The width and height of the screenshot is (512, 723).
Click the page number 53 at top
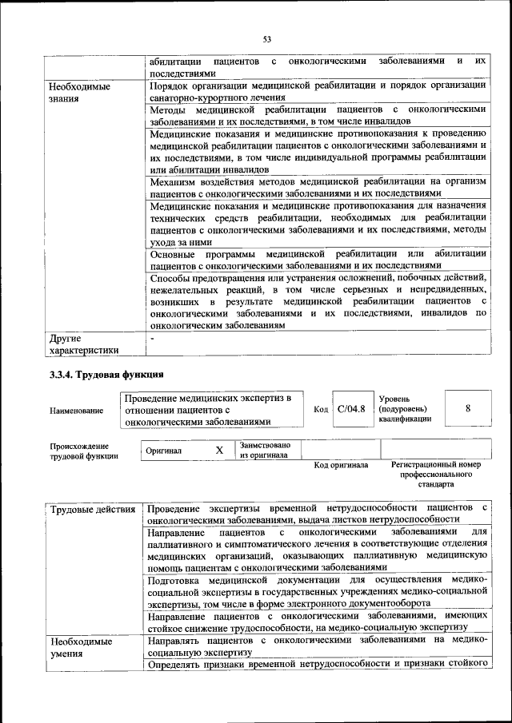point(267,37)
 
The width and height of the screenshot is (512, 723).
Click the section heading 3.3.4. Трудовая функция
point(106,374)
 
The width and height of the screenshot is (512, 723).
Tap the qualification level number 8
point(467,408)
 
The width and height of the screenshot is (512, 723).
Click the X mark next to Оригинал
point(219,451)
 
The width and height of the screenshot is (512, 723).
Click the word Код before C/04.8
point(321,410)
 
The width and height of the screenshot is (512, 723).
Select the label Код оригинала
point(341,465)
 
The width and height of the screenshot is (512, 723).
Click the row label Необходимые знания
point(80,93)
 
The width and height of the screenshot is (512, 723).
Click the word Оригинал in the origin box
point(164,451)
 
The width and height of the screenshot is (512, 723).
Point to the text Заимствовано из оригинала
point(265,450)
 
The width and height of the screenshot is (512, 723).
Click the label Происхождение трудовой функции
point(80,451)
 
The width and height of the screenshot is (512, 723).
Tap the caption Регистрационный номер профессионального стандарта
point(436,474)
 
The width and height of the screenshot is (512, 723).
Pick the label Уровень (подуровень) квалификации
point(406,407)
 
